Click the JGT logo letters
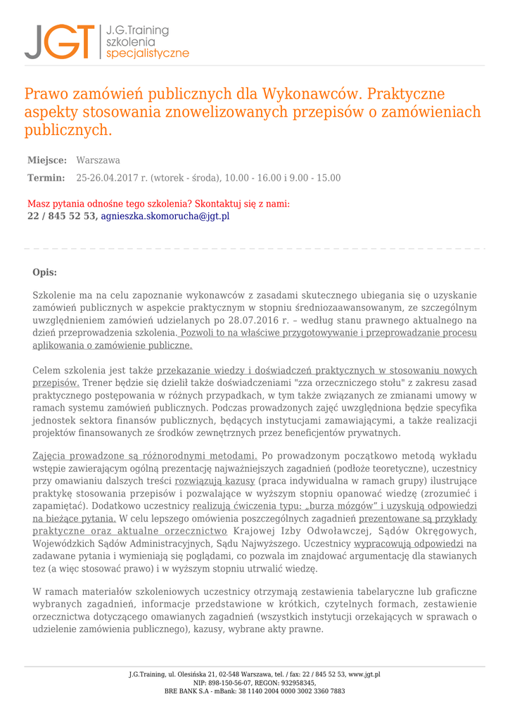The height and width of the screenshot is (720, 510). pos(59,42)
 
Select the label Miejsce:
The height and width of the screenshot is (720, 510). pos(47,160)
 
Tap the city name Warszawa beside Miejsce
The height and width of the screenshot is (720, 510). pos(98,160)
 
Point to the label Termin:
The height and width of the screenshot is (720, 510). pos(46,178)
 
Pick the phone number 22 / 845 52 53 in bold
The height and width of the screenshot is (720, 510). pos(61,217)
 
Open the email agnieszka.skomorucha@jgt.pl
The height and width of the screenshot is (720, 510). pos(165,217)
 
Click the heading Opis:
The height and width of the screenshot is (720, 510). pos(45,273)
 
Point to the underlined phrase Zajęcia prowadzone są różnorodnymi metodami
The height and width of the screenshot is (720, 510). pos(145,456)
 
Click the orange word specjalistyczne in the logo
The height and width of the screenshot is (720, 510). pos(147,53)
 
